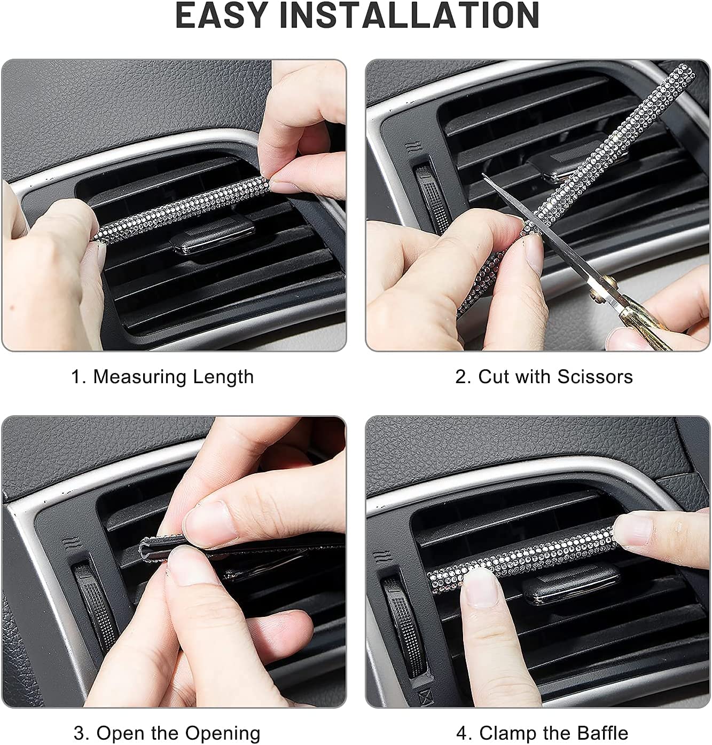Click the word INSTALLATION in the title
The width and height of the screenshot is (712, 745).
tap(409, 15)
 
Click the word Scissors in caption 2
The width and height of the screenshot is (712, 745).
tap(594, 377)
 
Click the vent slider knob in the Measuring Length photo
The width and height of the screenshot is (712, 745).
tap(213, 239)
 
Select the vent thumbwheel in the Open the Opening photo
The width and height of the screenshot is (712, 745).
tap(96, 603)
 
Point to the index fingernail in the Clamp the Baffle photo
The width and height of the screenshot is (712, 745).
tap(480, 587)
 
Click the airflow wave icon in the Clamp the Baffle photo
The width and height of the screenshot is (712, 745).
tap(394, 558)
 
